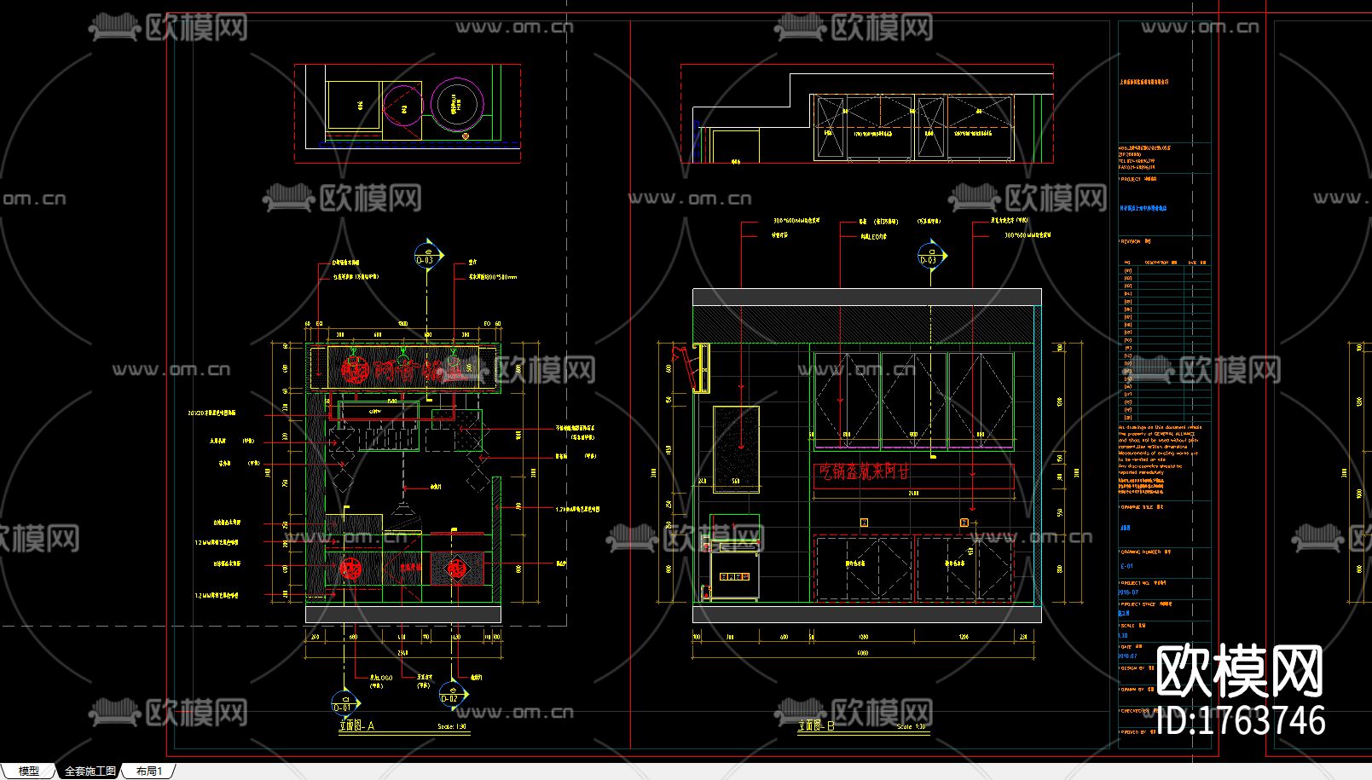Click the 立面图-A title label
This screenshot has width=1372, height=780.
[356, 726]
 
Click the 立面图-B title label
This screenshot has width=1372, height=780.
[815, 726]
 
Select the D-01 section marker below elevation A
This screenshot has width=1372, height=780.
[343, 704]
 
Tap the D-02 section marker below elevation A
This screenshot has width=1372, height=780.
[449, 695]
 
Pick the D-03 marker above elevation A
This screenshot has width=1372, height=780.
[425, 256]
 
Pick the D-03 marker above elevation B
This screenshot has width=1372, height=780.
[928, 256]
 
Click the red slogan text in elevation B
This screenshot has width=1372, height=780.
[865, 471]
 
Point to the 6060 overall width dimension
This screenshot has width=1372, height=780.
[863, 653]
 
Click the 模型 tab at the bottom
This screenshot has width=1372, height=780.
[28, 771]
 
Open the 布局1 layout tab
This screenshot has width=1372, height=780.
[148, 771]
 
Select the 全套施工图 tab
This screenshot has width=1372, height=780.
[90, 771]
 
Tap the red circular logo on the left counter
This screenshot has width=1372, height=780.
[350, 569]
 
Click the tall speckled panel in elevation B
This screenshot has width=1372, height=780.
[736, 449]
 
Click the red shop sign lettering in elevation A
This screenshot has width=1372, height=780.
[401, 369]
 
